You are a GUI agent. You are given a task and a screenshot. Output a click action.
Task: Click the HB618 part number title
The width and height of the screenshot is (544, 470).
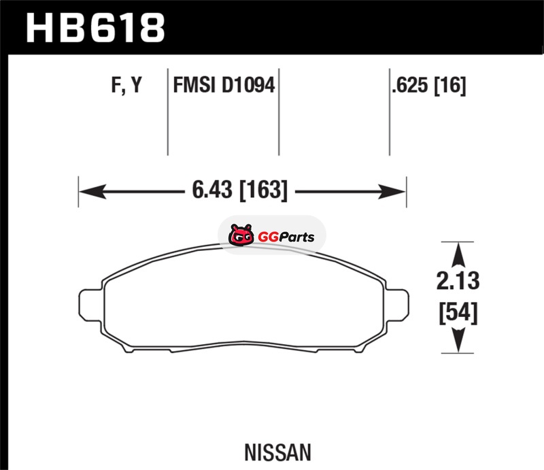tap(95, 28)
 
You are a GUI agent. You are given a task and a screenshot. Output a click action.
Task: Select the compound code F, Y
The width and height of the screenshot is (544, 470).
tap(126, 85)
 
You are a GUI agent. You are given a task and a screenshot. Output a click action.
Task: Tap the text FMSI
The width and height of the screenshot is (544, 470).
tap(194, 85)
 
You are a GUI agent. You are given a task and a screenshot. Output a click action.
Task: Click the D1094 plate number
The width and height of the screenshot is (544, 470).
tap(248, 85)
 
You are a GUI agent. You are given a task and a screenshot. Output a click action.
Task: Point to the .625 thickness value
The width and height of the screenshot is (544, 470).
tap(410, 85)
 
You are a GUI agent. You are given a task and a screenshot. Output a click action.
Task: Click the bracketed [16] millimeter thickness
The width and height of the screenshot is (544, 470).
tap(450, 86)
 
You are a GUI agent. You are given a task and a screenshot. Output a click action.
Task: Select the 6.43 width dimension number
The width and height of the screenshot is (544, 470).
tap(212, 190)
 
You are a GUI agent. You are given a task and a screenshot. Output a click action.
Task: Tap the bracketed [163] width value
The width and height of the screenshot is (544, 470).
tap(264, 190)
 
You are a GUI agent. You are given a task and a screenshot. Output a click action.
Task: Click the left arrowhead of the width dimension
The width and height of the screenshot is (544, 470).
tap(92, 191)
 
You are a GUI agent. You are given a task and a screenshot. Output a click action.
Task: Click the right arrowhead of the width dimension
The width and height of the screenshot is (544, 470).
tap(392, 191)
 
